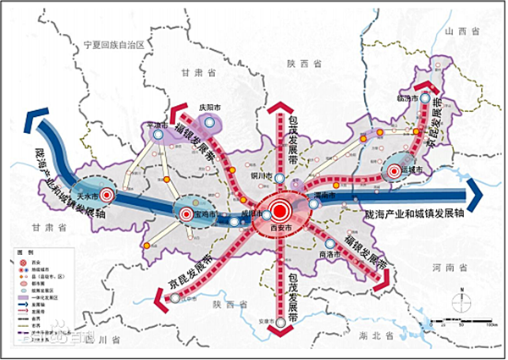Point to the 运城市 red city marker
(394, 172)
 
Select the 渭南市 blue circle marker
(314, 203)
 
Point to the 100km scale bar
(461, 322)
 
